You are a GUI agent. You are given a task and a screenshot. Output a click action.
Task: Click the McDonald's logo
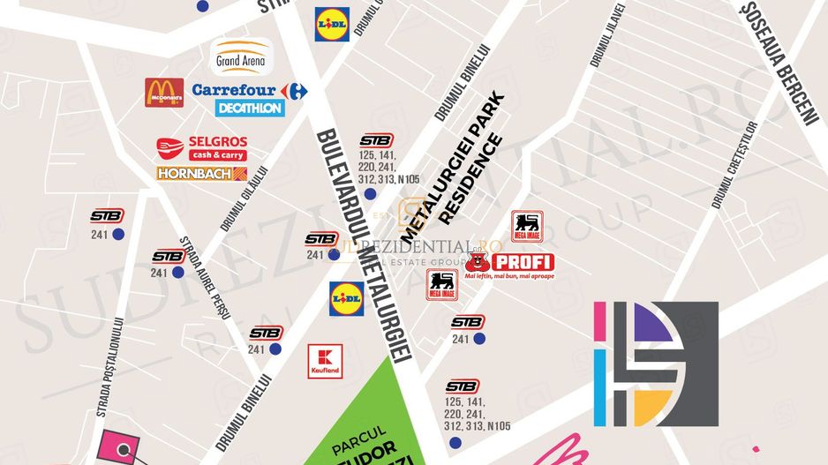click(164, 93)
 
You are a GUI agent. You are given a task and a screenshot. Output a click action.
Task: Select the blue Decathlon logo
click(250, 109)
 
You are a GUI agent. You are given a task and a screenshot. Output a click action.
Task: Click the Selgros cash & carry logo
click(201, 147)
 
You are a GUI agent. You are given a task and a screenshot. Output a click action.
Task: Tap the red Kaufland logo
click(325, 362)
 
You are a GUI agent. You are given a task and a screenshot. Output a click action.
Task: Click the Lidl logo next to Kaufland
click(346, 299)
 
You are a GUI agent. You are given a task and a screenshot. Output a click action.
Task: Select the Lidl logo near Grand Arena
click(333, 25)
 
